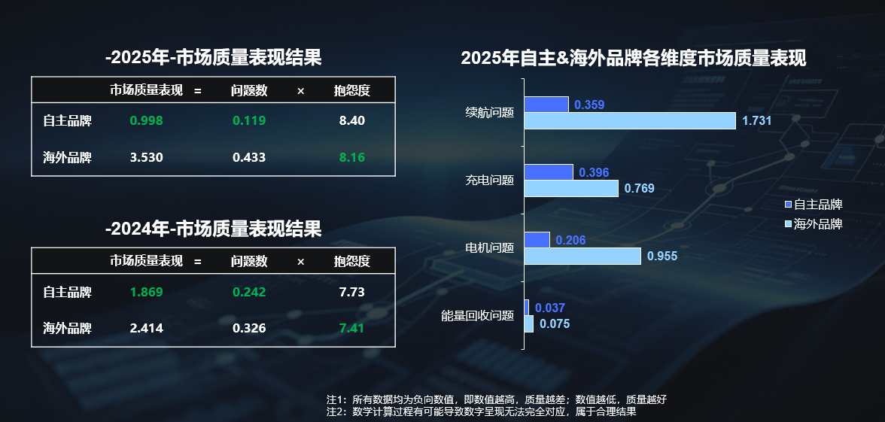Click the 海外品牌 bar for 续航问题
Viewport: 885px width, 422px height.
pyautogui.click(x=630, y=120)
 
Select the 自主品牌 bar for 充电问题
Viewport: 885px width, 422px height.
pyautogui.click(x=549, y=172)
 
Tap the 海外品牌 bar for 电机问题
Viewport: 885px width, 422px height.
pyautogui.click(x=582, y=257)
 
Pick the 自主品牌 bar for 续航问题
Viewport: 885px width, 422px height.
pyautogui.click(x=546, y=105)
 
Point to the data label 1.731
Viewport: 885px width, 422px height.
pyautogui.click(x=756, y=120)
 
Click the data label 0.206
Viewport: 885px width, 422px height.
pyautogui.click(x=570, y=241)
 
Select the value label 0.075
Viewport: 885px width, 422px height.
pyautogui.click(x=555, y=324)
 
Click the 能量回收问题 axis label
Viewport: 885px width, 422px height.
pyautogui.click(x=477, y=316)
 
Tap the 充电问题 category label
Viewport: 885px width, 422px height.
pyautogui.click(x=489, y=181)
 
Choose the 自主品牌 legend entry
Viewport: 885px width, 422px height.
pyautogui.click(x=813, y=205)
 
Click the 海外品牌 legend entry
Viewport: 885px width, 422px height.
pyautogui.click(x=813, y=224)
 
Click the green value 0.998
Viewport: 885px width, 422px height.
pyautogui.click(x=146, y=120)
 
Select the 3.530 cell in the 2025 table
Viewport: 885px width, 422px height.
pyautogui.click(x=146, y=157)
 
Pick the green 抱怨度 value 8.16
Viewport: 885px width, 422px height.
pyautogui.click(x=352, y=157)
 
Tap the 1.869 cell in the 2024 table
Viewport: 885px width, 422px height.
pyautogui.click(x=146, y=291)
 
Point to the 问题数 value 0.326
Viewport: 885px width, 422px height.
pyautogui.click(x=249, y=328)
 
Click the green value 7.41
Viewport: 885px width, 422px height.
pyautogui.click(x=352, y=328)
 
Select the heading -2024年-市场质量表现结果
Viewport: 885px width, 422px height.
pyautogui.click(x=214, y=229)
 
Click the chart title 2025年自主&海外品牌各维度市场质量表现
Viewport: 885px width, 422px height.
pyautogui.click(x=634, y=59)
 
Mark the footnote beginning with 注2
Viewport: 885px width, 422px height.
pyautogui.click(x=482, y=411)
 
